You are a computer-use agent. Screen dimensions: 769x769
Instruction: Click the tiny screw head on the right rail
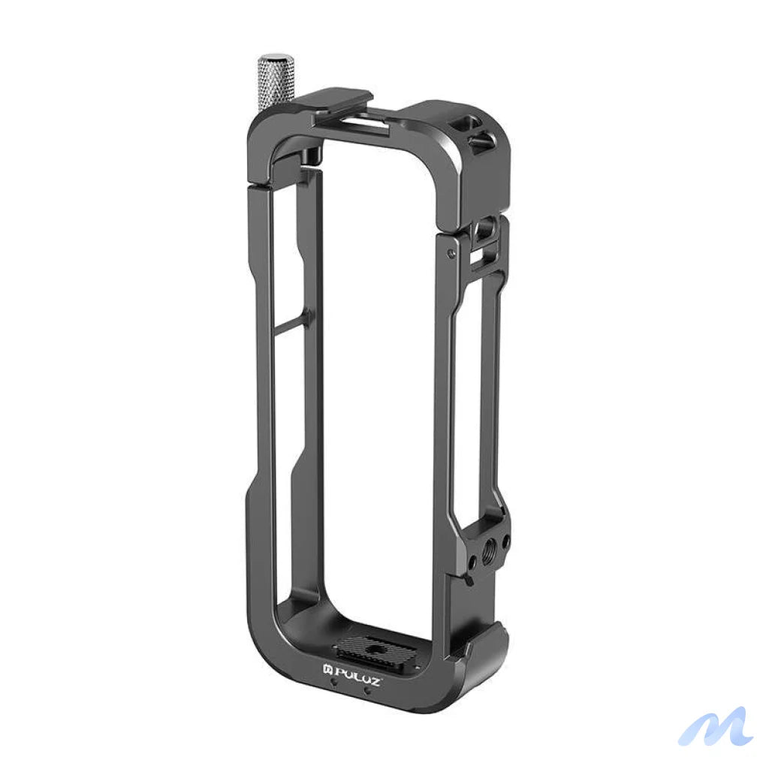[450, 254]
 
